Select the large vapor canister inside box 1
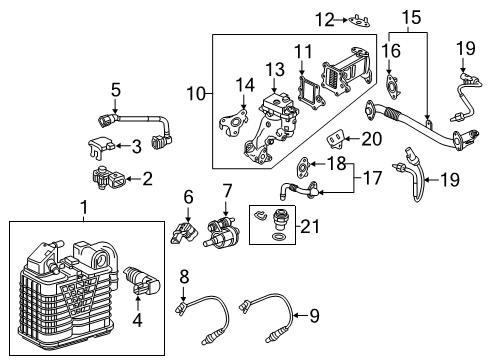click(65, 283)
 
